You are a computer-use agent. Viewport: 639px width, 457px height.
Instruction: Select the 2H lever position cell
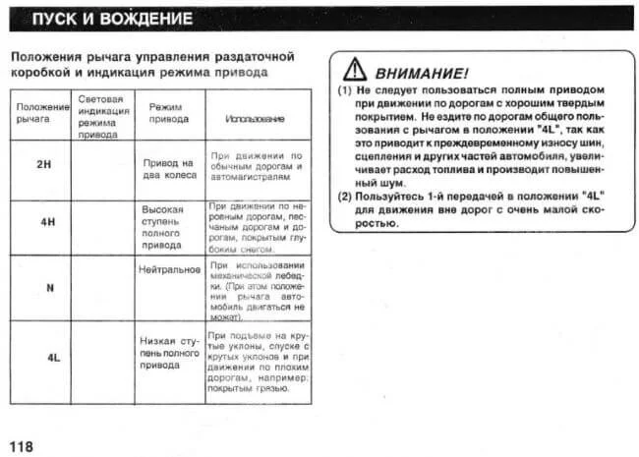coord(43,163)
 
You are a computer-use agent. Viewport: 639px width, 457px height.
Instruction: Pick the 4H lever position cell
coord(46,222)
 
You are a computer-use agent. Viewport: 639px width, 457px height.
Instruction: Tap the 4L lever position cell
coord(54,358)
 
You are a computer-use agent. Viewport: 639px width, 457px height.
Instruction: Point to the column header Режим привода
coord(168,111)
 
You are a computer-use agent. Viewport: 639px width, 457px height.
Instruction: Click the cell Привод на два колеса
coord(169,168)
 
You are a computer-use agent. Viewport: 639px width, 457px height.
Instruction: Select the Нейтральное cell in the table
coord(169,268)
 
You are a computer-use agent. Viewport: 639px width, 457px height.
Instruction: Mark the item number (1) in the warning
coord(344,88)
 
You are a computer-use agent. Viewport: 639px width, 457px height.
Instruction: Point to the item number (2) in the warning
coord(344,196)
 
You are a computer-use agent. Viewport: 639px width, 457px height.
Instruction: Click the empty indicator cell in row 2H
coord(101,169)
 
